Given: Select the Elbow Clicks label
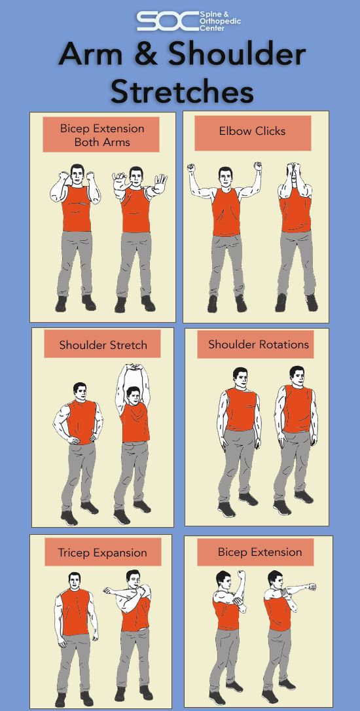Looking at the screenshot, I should coord(252,132).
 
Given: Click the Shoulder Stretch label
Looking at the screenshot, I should coord(103,345).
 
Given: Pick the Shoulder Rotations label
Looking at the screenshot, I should coord(258,344).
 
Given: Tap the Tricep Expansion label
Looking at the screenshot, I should coord(102,553).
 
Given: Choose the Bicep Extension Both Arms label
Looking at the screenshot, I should coord(101,135).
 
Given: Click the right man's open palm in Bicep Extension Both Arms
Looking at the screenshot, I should coord(161,181).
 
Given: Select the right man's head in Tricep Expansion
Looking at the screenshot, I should coord(134,579).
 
